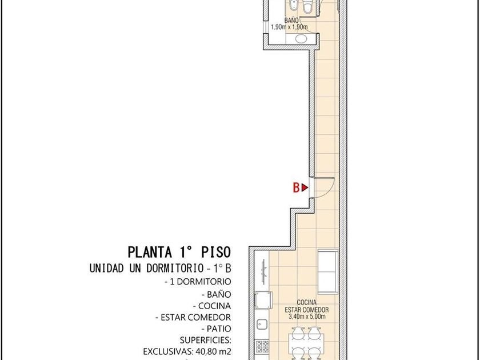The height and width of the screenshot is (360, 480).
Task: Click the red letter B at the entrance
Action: click(296, 187)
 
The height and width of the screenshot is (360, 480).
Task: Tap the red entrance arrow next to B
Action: click(305, 187)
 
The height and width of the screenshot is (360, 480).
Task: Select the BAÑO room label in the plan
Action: click(291, 21)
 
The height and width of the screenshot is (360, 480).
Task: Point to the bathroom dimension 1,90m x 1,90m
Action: click(289, 27)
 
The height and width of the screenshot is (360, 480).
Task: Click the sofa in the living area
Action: click(328, 272)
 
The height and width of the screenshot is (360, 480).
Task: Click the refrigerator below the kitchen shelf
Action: click(263, 301)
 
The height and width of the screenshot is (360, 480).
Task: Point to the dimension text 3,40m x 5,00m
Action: click(307, 317)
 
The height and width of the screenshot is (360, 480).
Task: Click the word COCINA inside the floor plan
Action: click(307, 302)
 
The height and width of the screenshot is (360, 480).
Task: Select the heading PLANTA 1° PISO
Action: click(179, 252)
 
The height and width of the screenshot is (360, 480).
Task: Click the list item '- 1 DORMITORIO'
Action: click(198, 281)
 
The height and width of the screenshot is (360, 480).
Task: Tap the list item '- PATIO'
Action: click(216, 329)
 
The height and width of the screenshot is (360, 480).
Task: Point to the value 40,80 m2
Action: click(213, 351)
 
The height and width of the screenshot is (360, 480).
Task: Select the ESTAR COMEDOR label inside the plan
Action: click(307, 310)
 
